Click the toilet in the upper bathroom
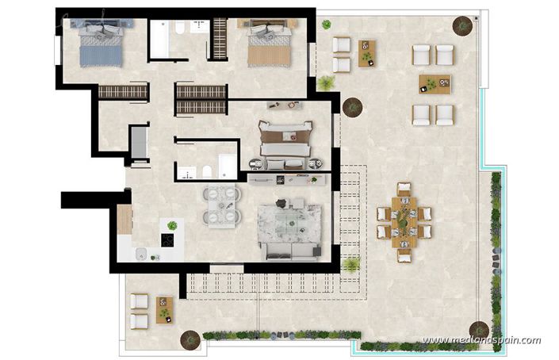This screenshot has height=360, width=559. (x=181, y=29)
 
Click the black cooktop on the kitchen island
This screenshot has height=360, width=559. (x=168, y=240)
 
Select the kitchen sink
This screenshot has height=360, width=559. (x=140, y=254)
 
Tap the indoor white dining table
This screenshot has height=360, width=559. (x=220, y=207)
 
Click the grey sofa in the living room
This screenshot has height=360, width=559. (x=290, y=251)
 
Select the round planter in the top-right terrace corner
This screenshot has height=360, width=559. (x=462, y=25)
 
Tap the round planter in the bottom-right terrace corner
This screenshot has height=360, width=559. (x=479, y=328)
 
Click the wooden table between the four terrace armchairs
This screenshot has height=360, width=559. (x=434, y=84)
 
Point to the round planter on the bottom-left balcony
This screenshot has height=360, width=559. (x=190, y=339)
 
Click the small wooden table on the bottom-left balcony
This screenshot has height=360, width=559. (x=164, y=308)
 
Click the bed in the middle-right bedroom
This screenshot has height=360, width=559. (x=285, y=140)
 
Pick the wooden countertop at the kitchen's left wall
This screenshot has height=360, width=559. (x=124, y=219)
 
